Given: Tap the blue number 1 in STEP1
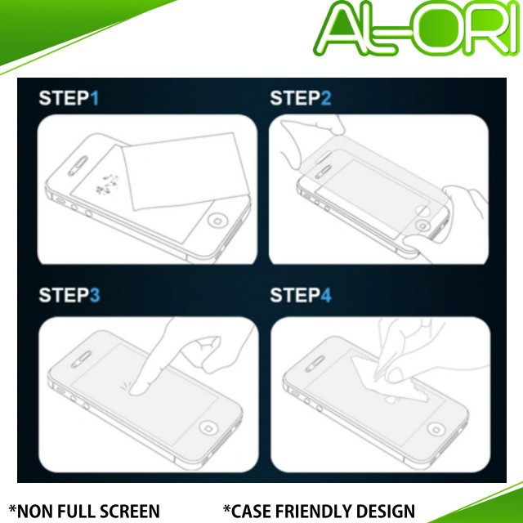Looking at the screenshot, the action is pyautogui.click(x=95, y=98).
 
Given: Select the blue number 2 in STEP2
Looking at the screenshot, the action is pyautogui.click(x=326, y=98).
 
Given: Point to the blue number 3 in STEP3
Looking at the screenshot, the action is pyautogui.click(x=95, y=295).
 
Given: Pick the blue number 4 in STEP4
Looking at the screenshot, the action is pyautogui.click(x=326, y=295).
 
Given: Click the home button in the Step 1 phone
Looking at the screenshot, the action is pyautogui.click(x=218, y=221).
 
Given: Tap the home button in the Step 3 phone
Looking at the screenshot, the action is pyautogui.click(x=208, y=428).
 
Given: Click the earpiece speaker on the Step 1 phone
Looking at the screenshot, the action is pyautogui.click(x=78, y=166).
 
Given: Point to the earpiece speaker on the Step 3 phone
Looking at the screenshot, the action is pyautogui.click(x=81, y=360).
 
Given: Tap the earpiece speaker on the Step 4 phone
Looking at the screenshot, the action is pyautogui.click(x=315, y=363).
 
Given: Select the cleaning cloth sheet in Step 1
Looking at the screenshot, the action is pyautogui.click(x=186, y=171).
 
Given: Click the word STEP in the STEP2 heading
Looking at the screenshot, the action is pyautogui.click(x=295, y=98).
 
